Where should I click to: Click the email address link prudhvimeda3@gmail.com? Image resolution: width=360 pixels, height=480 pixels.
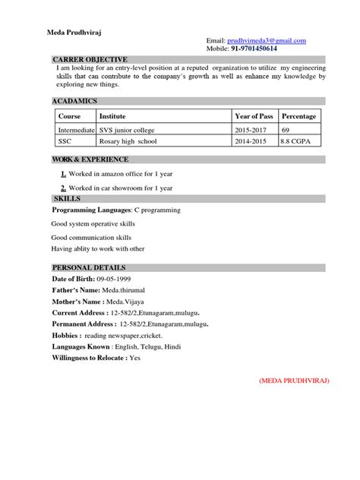(x=267, y=40)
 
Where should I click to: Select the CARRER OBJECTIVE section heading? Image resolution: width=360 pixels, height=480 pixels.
(x=90, y=59)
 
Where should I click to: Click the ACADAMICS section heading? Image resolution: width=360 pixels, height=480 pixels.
(x=74, y=101)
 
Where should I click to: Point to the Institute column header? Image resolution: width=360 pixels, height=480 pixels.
(x=113, y=116)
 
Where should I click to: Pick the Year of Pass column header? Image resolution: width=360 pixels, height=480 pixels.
(x=254, y=116)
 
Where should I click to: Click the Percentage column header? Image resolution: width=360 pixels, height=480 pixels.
(x=299, y=116)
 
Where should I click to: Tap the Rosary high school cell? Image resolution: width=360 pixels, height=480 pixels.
(x=129, y=141)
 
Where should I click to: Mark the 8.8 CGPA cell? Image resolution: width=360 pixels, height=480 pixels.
(x=295, y=141)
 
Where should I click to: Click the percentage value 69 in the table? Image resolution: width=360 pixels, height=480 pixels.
(x=286, y=131)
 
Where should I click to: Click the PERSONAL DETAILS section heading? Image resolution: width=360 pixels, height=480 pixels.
(x=89, y=268)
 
